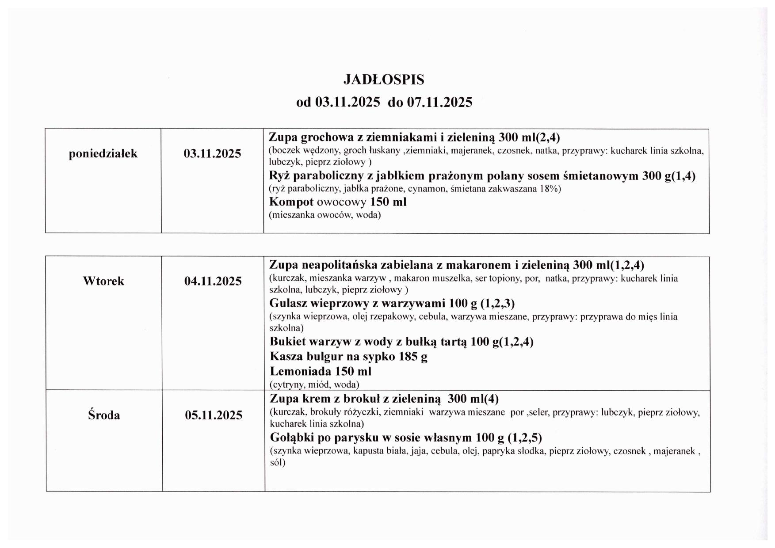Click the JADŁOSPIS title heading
click(384, 80)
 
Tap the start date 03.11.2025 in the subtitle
click(347, 102)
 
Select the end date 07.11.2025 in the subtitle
click(439, 102)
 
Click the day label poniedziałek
click(103, 154)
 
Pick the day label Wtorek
click(103, 281)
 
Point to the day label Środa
click(104, 415)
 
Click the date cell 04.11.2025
click(213, 281)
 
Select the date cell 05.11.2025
click(214, 415)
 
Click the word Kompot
click(291, 202)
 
